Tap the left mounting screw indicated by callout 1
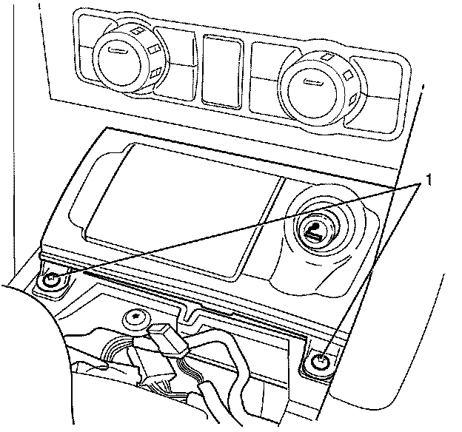[x=51, y=280]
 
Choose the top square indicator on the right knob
[x=327, y=56]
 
